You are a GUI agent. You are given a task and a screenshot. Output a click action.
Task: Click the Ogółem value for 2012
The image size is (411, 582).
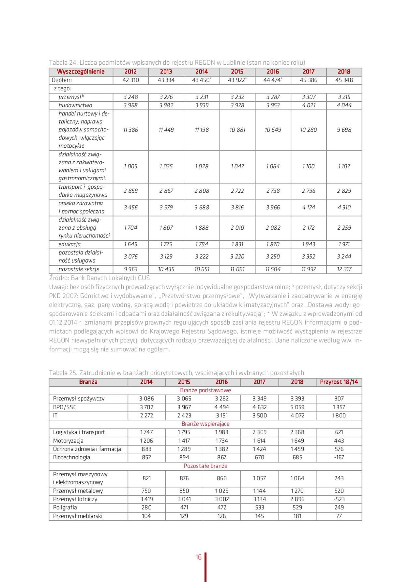[130, 80]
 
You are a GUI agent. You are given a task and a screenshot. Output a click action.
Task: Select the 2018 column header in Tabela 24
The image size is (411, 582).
[344, 72]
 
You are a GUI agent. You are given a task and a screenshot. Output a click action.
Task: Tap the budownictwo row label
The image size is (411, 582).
[75, 105]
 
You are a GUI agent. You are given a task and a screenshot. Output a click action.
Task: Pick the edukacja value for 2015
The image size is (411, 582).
[237, 244]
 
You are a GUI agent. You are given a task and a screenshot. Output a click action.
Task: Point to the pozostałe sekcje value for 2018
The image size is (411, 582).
[344, 269]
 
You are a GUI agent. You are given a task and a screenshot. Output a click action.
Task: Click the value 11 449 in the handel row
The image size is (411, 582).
[166, 130]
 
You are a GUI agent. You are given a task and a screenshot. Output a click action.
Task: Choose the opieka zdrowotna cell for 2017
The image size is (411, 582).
[308, 207]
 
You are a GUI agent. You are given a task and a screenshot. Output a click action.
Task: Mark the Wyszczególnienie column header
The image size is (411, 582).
[81, 72]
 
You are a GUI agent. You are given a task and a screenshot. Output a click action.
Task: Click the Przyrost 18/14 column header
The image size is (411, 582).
[339, 382]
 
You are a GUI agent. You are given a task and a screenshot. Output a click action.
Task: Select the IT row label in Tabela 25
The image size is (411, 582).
[55, 415]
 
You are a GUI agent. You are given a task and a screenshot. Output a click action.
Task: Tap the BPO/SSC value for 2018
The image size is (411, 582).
[297, 407]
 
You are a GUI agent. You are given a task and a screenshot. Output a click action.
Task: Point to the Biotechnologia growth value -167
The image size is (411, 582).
[339, 457]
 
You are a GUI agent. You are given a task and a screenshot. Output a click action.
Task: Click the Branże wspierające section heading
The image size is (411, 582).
[205, 424]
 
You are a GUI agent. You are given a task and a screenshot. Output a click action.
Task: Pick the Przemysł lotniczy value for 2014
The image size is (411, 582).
[146, 499]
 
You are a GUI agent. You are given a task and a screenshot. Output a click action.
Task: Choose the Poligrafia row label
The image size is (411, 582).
[65, 507]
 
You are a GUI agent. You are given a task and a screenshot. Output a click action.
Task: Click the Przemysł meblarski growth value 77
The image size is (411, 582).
[339, 516]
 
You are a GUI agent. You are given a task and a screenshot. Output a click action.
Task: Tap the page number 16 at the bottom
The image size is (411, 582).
[199, 557]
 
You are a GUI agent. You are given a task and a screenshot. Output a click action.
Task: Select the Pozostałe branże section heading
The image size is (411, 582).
[205, 466]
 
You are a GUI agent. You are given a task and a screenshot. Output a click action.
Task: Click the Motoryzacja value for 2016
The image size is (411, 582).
[221, 441]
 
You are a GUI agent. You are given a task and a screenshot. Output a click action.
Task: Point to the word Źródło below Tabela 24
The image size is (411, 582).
[59, 278]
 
